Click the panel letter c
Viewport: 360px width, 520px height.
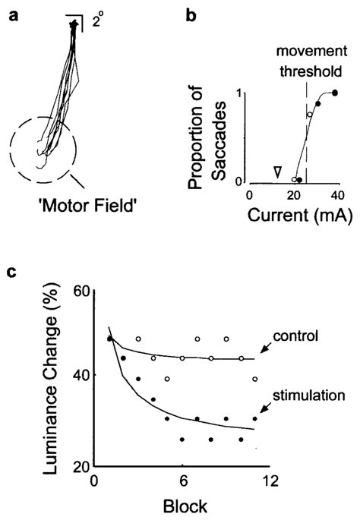coord(13,271)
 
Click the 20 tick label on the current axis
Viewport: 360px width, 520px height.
coord(292,197)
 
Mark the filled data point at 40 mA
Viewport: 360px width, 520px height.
coord(335,93)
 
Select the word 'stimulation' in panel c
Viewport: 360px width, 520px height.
coord(311,394)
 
